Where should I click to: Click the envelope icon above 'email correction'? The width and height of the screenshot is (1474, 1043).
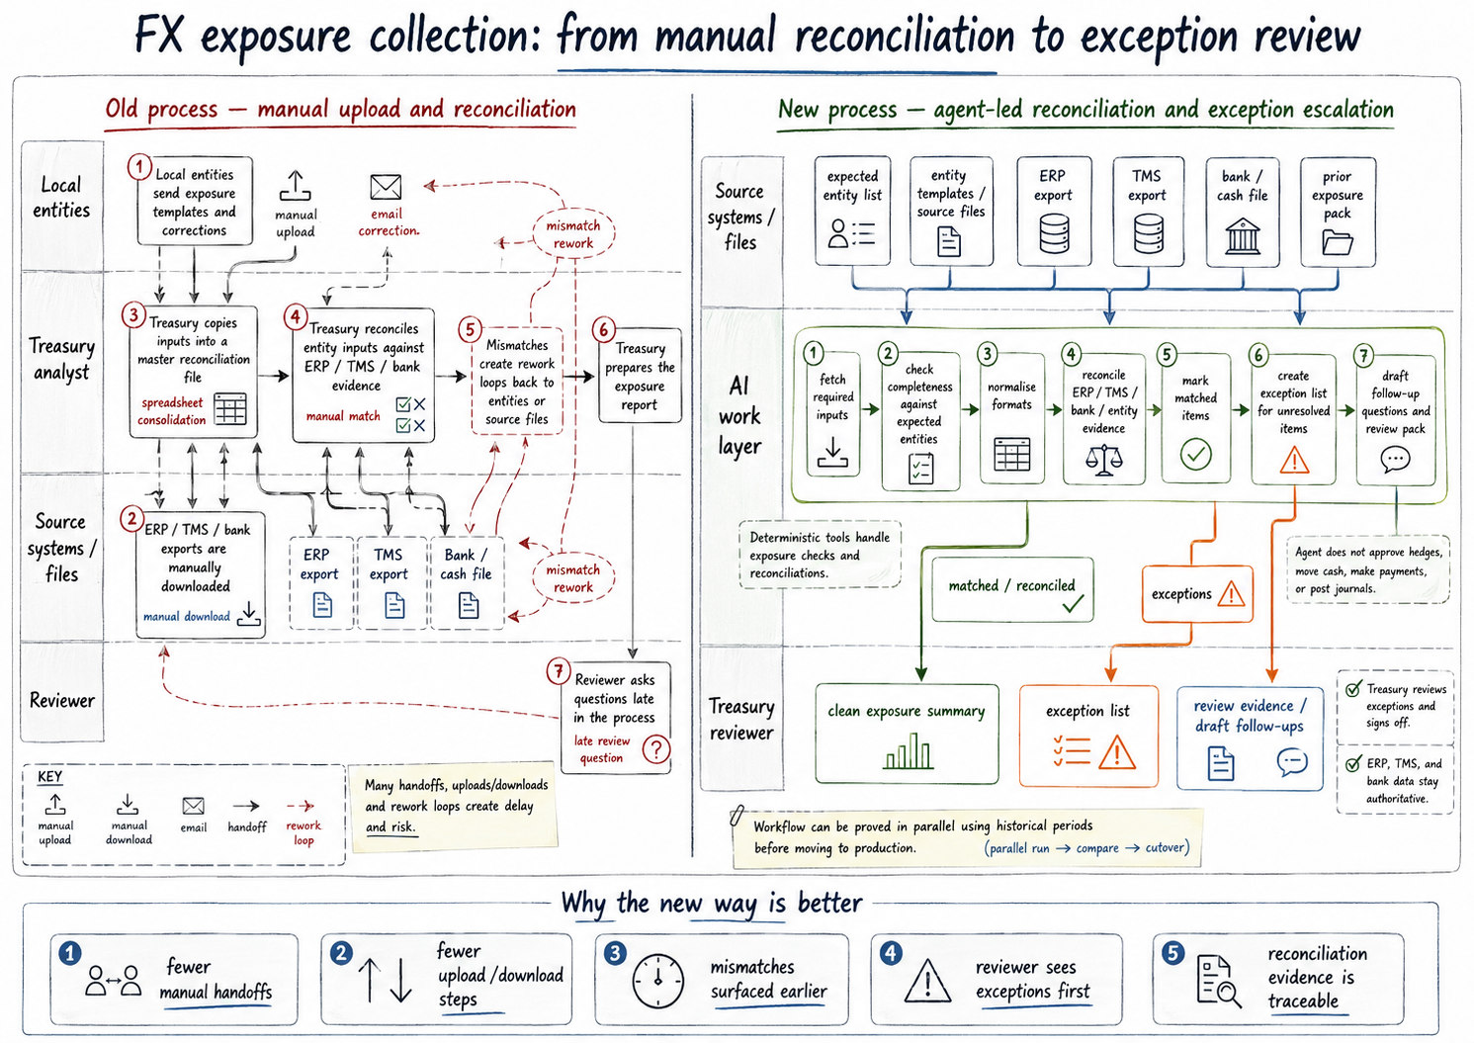[386, 187]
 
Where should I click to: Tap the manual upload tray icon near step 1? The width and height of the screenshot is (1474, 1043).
[295, 186]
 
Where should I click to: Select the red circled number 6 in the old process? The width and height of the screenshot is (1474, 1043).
[603, 329]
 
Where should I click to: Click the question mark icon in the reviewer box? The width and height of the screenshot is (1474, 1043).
[656, 748]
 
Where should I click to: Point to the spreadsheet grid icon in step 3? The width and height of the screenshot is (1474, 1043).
[230, 408]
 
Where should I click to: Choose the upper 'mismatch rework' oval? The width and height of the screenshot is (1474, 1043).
[572, 233]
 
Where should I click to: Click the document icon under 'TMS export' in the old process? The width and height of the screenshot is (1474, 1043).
[393, 605]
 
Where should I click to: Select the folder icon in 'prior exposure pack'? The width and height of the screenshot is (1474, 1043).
[1338, 242]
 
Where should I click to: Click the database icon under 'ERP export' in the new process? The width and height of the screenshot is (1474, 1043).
[1054, 233]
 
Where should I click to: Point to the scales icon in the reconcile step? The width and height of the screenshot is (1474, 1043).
[1103, 460]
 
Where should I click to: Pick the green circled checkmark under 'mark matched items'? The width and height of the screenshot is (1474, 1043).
[1195, 454]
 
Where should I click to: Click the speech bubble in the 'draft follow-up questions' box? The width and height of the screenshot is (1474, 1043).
[1395, 460]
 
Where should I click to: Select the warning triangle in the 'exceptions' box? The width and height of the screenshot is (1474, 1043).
[1231, 594]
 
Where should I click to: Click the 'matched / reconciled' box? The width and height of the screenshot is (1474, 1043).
[1012, 589]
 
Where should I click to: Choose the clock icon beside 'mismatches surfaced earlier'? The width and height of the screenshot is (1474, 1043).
[658, 981]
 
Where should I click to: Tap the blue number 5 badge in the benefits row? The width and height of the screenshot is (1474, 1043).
[1172, 952]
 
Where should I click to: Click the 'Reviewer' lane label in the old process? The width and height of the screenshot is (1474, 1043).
[62, 700]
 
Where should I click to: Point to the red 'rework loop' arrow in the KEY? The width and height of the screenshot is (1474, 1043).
[301, 806]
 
